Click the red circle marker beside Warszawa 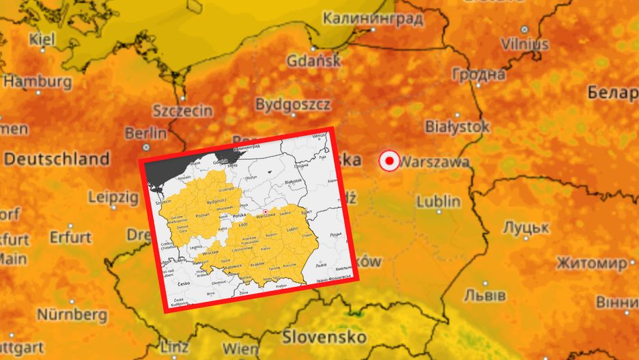click(x=389, y=161)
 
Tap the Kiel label click(x=42, y=40)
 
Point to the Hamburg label click(x=38, y=81)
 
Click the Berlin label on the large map click(x=145, y=133)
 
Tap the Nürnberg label click(x=72, y=315)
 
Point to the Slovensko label click(x=324, y=337)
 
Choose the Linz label click(x=173, y=346)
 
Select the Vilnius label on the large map click(x=524, y=44)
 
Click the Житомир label click(x=591, y=263)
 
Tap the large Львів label click(x=485, y=295)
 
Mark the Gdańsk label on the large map click(x=314, y=60)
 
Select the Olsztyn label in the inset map click(x=251, y=177)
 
